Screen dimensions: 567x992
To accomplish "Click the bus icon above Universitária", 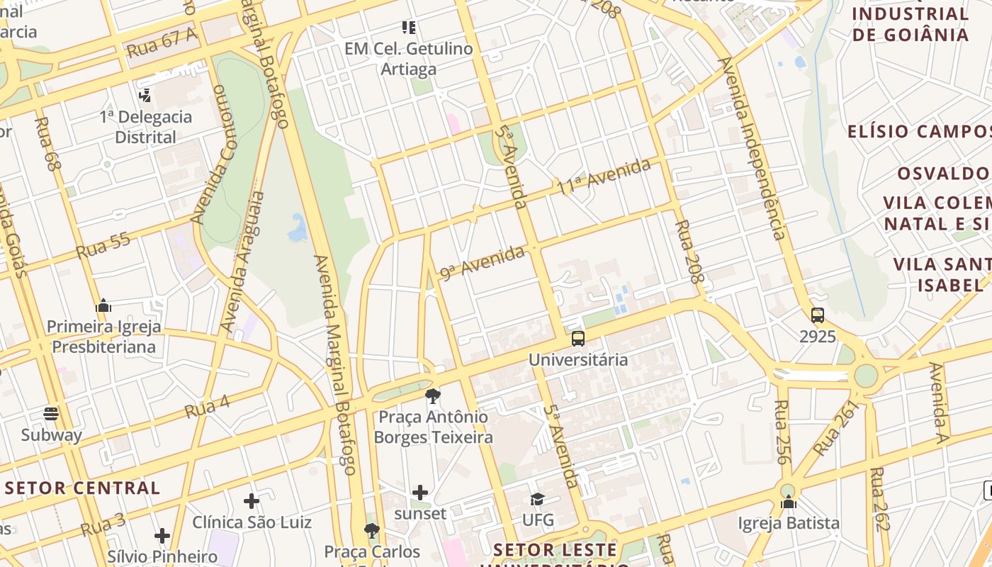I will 578,339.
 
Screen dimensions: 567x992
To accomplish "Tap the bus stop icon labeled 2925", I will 818,315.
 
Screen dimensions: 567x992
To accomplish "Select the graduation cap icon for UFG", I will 537,500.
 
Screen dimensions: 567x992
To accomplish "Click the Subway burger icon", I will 50,413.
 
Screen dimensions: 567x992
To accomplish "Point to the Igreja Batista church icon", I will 789,503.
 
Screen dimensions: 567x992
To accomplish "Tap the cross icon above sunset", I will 420,492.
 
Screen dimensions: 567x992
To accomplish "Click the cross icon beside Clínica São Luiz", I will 252,501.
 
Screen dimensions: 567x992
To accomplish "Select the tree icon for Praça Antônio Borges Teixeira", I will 432,396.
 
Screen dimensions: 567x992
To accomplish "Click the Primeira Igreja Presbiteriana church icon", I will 103,306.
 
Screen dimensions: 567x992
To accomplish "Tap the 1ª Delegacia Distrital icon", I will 145,95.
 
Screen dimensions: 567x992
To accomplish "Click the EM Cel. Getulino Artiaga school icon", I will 409,28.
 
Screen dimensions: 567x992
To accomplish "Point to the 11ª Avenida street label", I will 603,177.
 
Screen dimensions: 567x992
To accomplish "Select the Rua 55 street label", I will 103,245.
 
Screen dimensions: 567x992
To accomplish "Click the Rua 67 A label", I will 161,43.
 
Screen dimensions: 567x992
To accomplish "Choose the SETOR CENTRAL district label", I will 83,488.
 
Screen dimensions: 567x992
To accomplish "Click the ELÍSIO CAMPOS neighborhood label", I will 919,131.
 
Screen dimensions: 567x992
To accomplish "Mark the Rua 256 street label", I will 782,432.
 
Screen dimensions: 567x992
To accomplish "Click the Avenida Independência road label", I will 752,149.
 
